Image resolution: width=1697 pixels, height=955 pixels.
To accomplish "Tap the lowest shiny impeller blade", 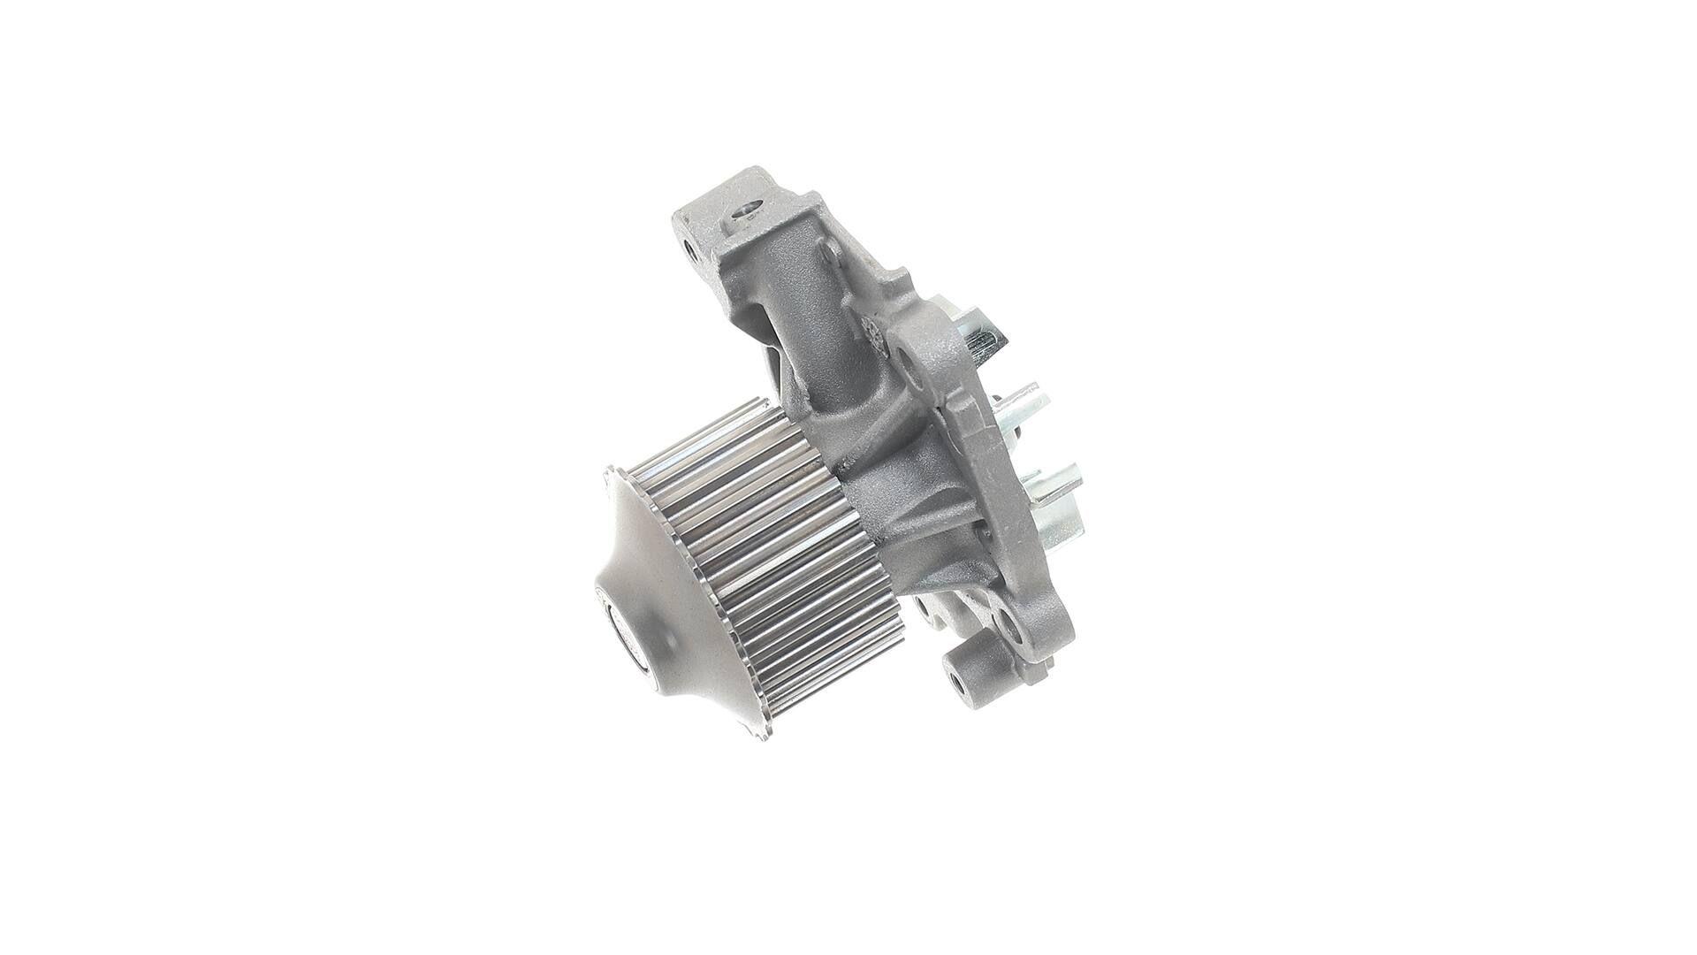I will coord(1061,495).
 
